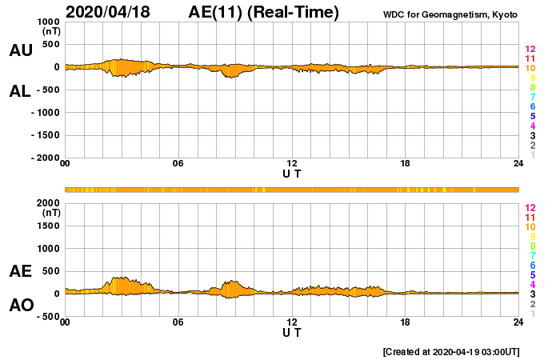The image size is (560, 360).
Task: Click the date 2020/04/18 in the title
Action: pos(109,12)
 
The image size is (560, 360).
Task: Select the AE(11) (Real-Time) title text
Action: pos(264,12)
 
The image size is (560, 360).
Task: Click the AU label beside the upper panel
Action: pos(21,50)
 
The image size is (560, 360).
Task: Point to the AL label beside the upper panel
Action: pos(21,91)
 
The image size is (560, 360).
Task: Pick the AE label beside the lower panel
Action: pos(21,271)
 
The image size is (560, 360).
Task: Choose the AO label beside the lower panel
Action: pos(21,305)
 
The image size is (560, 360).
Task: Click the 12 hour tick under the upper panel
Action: pos(292,163)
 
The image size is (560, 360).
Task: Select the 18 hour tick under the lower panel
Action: pos(406,322)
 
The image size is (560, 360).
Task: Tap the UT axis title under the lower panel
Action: pos(292,332)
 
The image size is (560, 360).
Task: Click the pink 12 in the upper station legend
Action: pos(530,50)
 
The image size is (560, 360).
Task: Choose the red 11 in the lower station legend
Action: pos(530,218)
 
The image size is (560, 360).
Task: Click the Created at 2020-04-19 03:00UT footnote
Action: pos(451,351)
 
